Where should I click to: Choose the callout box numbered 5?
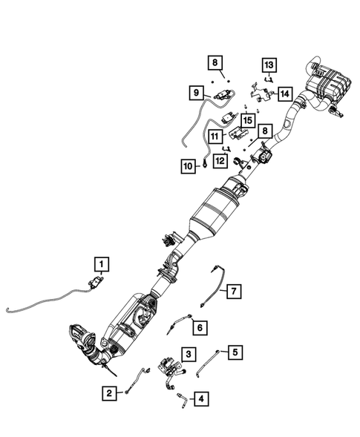tap(235, 352)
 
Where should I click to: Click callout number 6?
tap(198, 324)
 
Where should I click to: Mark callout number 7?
tap(233, 291)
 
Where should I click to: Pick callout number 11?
tap(215, 137)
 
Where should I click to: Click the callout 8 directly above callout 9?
tap(212, 62)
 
